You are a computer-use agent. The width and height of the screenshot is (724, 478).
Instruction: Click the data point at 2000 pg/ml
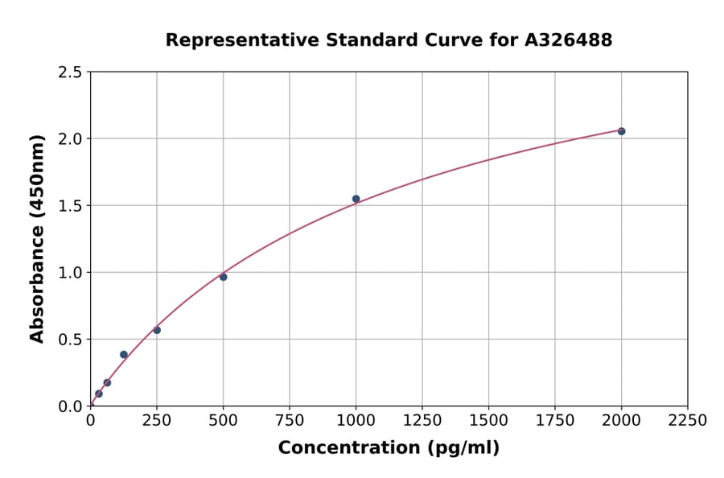click(621, 131)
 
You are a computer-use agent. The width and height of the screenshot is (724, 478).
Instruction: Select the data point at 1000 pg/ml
click(356, 199)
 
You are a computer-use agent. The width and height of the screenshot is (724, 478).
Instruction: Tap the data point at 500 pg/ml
click(223, 277)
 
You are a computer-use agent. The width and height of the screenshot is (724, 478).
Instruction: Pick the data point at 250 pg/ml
click(157, 330)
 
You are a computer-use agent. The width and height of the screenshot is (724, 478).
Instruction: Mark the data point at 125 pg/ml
click(124, 354)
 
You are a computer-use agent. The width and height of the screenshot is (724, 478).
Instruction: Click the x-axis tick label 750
click(290, 420)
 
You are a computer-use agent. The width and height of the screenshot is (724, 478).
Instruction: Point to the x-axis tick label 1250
click(422, 420)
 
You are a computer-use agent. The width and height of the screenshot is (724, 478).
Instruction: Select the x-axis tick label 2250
click(688, 420)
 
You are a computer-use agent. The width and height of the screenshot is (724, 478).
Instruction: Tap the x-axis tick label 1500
click(488, 420)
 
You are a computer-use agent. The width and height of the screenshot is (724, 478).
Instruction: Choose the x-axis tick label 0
click(90, 420)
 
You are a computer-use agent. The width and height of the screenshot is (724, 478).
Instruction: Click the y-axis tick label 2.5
click(70, 72)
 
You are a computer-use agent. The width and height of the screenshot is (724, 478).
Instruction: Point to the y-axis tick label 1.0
click(70, 273)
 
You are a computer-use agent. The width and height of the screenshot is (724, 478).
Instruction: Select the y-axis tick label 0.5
click(70, 340)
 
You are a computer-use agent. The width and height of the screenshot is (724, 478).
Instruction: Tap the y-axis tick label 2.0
click(70, 139)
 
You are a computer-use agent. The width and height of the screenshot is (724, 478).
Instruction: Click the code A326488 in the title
click(568, 40)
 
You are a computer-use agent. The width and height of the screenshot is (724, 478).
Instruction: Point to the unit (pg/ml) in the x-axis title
click(464, 448)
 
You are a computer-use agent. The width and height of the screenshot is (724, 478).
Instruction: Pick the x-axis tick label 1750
click(555, 420)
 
